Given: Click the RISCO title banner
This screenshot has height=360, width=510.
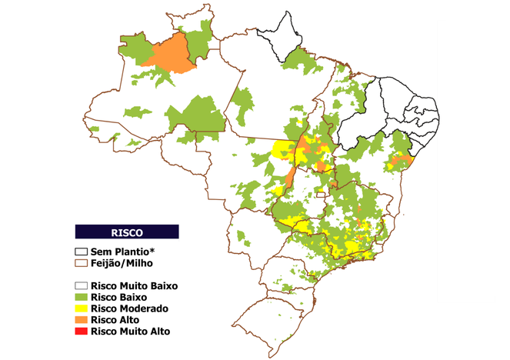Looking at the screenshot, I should (126, 231).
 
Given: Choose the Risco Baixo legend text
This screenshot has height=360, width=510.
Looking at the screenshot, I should (118, 297).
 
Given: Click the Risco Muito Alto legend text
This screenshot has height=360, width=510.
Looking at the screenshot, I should (129, 332).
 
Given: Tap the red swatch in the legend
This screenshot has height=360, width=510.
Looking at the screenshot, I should (81, 332).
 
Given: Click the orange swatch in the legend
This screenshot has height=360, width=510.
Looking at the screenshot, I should (81, 320).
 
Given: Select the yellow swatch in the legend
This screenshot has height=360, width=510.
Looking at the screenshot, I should (81, 308).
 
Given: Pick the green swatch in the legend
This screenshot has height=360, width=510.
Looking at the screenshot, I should (81, 297).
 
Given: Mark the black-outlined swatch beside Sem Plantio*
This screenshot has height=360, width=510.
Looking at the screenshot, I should (81, 252).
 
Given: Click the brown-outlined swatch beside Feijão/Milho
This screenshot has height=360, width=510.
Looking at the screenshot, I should (81, 262).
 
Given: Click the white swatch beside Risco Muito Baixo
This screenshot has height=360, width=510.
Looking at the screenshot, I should (81, 285).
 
